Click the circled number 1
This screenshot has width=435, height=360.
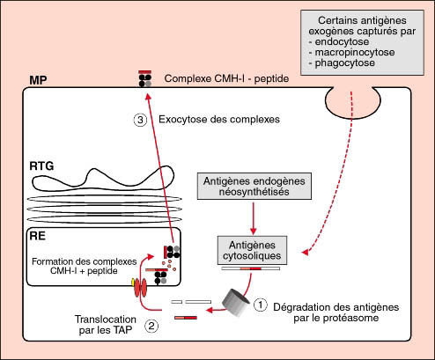click(261, 305)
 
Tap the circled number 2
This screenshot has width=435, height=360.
click(151, 326)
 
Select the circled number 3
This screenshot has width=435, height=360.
click(140, 120)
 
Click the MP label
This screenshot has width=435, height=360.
click(38, 80)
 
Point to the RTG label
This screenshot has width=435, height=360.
click(41, 166)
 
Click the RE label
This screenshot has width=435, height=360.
click(38, 236)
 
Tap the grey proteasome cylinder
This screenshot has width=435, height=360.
click(236, 303)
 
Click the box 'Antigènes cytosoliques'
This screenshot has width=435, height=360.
click(252, 250)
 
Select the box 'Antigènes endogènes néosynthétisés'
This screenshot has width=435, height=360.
click(254, 187)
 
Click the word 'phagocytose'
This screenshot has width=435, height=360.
click(345, 62)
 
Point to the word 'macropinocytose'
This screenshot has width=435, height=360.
click(355, 52)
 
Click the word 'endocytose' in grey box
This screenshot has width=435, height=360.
click(342, 41)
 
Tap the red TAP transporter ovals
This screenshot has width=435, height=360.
click(140, 288)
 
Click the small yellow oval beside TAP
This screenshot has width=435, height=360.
click(133, 283)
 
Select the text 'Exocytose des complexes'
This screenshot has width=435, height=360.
click(219, 120)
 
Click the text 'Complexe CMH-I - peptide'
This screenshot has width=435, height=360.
click(226, 78)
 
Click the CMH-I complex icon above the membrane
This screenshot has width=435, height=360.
click(145, 78)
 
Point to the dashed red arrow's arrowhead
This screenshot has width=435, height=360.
click(306, 253)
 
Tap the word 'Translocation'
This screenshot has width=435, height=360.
click(106, 319)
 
